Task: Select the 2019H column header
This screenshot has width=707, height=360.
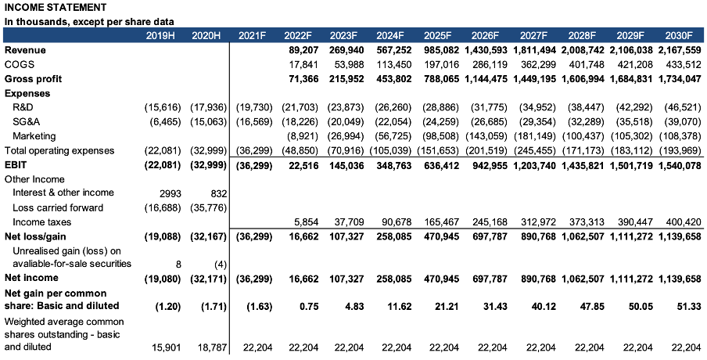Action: pyautogui.click(x=162, y=36)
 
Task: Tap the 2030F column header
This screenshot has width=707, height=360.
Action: pyautogui.click(x=679, y=36)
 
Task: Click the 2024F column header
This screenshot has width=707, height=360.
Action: pyautogui.click(x=389, y=36)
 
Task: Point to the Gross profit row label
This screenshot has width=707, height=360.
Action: pyautogui.click(x=33, y=79)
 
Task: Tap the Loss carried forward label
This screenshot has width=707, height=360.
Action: pyautogui.click(x=58, y=207)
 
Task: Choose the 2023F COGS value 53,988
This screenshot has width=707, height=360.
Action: pyautogui.click(x=345, y=65)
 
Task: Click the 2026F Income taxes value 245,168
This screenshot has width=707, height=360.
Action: pyautogui.click(x=489, y=221)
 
